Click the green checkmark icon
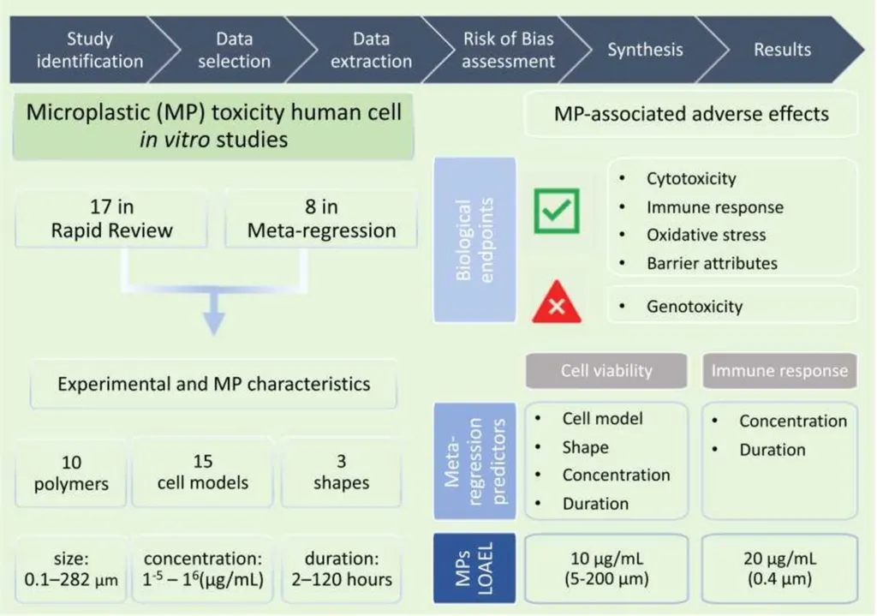point(557,211)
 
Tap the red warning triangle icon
point(557,302)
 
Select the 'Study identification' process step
point(89,50)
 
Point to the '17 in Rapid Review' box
point(111,218)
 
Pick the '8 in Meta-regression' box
point(321,218)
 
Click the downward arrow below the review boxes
point(213,314)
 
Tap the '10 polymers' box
point(71,473)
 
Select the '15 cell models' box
point(202,473)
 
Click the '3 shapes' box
point(341,473)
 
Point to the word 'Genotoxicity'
point(695,307)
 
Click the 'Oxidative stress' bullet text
point(706,235)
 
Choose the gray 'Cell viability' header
point(606,370)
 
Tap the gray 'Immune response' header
point(779,370)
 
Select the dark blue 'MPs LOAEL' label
point(474,568)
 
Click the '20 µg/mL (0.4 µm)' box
point(779,568)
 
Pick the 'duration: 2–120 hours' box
point(341,569)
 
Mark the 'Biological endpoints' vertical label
point(474,240)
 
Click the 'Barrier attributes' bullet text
point(712,264)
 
